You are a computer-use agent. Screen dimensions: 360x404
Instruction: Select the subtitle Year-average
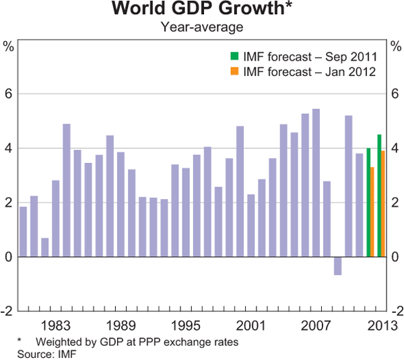202,27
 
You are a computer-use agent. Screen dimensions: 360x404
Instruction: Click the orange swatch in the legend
234,71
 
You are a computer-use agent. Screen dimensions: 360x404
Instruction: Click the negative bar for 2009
337,266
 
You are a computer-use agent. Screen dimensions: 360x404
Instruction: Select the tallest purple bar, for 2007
316,182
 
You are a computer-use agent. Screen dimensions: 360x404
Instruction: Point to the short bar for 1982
44,247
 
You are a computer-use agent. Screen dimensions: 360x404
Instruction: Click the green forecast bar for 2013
379,195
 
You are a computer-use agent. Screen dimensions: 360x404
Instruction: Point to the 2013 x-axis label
380,322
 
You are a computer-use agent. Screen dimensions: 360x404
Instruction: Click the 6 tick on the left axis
9,94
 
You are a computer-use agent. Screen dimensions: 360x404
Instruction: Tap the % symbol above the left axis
9,46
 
